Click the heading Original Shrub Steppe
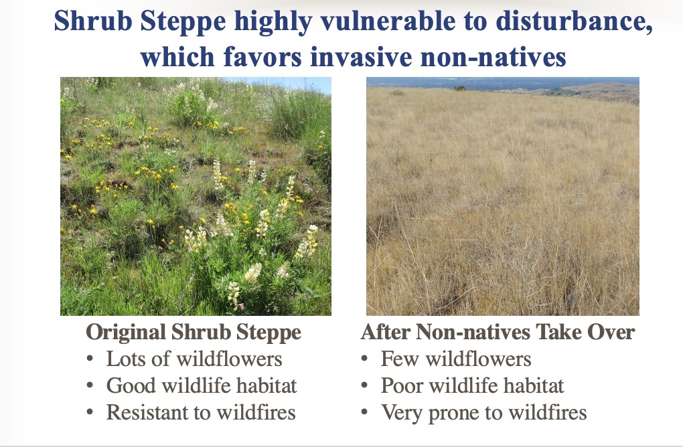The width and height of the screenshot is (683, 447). (194, 332)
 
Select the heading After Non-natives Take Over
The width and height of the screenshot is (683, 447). (498, 332)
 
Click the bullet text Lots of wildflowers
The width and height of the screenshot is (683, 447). (194, 359)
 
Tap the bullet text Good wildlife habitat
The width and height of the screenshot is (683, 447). (202, 385)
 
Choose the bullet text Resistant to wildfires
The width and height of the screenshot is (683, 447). (201, 412)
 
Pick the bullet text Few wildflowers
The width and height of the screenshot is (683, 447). (456, 359)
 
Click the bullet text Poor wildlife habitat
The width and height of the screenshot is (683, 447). (472, 385)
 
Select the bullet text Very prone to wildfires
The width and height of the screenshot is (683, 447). (484, 413)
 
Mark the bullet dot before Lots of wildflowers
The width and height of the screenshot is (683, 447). (90, 359)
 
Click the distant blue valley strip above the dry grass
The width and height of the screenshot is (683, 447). (501, 84)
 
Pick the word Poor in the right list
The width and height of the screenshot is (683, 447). (402, 385)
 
